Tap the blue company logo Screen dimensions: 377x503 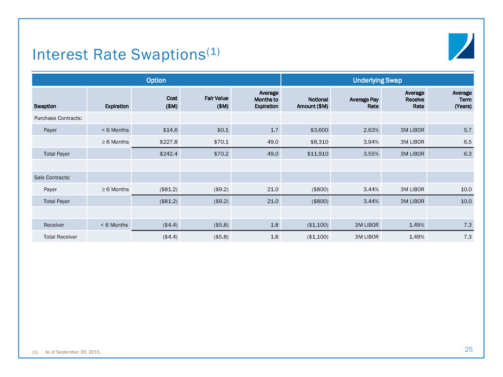461,47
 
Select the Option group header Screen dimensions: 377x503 156,80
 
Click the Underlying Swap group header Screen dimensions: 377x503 377,80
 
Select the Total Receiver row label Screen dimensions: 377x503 60,236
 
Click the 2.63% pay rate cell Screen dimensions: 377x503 369,130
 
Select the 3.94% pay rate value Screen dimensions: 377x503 369,142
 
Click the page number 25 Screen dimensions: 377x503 468,349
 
